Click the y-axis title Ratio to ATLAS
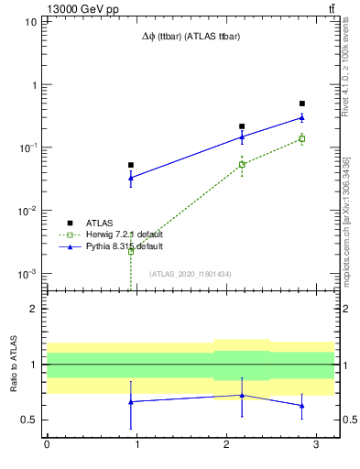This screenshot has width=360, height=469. point(12,365)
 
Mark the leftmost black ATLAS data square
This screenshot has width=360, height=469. point(131,165)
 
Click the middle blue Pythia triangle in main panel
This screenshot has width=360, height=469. point(242,136)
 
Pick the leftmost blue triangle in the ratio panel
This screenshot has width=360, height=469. point(131,401)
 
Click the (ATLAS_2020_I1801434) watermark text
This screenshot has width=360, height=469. point(191,274)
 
